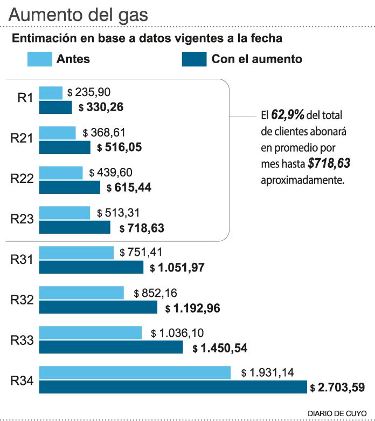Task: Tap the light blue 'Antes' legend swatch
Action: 39,59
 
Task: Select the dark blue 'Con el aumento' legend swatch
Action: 194,59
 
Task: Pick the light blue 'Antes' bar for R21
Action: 57,133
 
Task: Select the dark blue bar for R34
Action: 172,387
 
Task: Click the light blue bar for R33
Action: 90,333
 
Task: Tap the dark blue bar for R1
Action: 55,107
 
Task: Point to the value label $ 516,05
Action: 120,147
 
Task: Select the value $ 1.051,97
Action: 177,267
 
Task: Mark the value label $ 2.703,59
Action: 337,388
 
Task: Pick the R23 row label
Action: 23,219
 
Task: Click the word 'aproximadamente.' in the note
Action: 302,180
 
